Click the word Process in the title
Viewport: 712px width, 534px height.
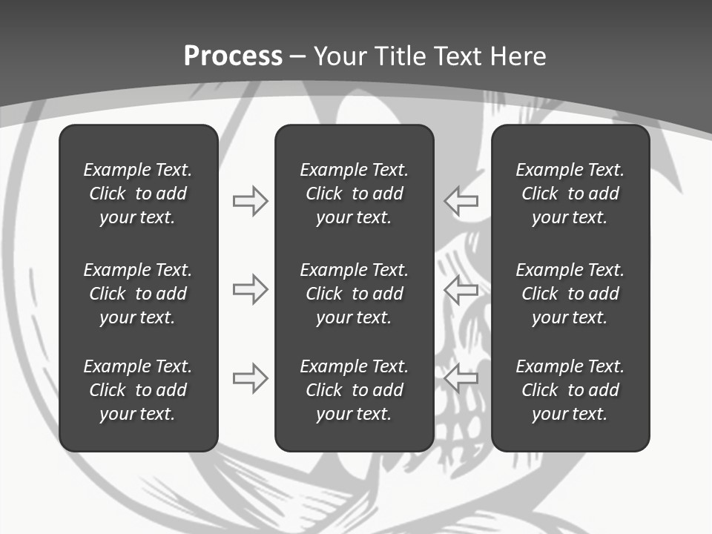coord(233,56)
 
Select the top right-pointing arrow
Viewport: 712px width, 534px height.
coord(251,201)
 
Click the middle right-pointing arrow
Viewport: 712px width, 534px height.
coord(251,289)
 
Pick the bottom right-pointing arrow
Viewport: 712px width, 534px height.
coord(251,378)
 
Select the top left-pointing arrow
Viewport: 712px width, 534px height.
coord(461,201)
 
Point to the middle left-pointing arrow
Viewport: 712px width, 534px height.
coord(461,289)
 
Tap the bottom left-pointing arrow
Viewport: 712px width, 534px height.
coord(461,378)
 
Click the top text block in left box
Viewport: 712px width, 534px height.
coord(138,194)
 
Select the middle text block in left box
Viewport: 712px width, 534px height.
coord(138,294)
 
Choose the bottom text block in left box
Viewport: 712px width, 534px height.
coord(138,390)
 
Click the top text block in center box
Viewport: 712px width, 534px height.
coord(354,194)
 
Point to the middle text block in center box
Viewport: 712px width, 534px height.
coord(354,294)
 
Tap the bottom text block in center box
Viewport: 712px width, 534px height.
coord(354,390)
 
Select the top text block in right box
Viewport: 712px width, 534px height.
coord(570,194)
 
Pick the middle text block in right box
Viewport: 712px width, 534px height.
coord(570,294)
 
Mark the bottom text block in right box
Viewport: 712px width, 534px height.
coord(570,390)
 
